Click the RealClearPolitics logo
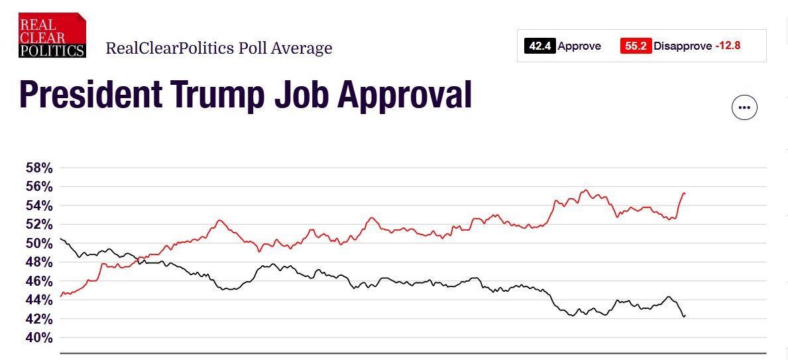tap(52, 34)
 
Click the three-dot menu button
tap(744, 107)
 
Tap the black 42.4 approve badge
tap(539, 46)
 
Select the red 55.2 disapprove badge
tap(636, 46)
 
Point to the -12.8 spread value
tap(728, 46)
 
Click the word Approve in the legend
tap(579, 46)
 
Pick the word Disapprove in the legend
tap(683, 46)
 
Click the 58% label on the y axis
tap(38, 168)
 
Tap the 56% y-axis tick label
tap(38, 186)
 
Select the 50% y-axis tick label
tap(38, 243)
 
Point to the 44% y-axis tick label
tap(38, 300)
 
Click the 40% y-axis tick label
tap(38, 337)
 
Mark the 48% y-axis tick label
tap(38, 262)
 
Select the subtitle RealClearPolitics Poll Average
tap(219, 48)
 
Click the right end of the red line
tap(684, 193)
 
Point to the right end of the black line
tap(684, 316)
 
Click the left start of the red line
tap(60, 296)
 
